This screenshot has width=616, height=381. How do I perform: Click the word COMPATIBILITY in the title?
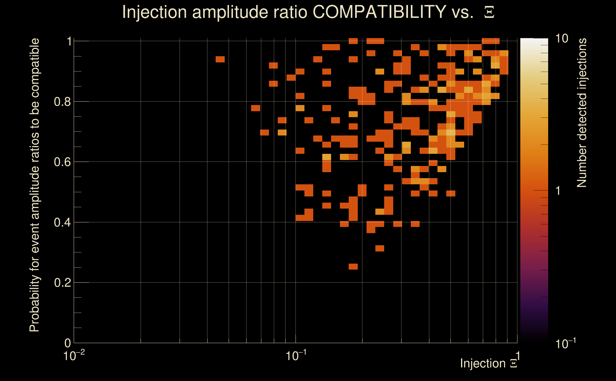pos(379,12)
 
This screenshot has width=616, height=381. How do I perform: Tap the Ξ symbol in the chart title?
pos(489,12)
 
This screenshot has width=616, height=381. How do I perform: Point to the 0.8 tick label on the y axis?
pos(62,102)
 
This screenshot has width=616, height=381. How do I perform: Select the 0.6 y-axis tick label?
pos(62,162)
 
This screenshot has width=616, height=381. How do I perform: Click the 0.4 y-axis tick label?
pos(62,222)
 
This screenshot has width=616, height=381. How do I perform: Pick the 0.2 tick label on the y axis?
pos(62,283)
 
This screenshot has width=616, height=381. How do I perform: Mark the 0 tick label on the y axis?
pos(68,343)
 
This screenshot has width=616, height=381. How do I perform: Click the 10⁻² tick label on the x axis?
pos(74,356)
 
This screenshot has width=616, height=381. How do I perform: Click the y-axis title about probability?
pos(35,185)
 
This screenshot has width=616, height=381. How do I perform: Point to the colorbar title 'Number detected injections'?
pos(581,113)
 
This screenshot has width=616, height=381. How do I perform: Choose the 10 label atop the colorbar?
pos(561,39)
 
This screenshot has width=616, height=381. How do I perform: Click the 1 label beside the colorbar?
pos(558,191)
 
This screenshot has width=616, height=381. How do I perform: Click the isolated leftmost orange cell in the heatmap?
pos(220,59)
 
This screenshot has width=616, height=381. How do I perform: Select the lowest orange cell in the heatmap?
pos(353,266)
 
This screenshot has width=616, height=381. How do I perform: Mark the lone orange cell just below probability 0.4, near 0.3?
pos(379,248)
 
